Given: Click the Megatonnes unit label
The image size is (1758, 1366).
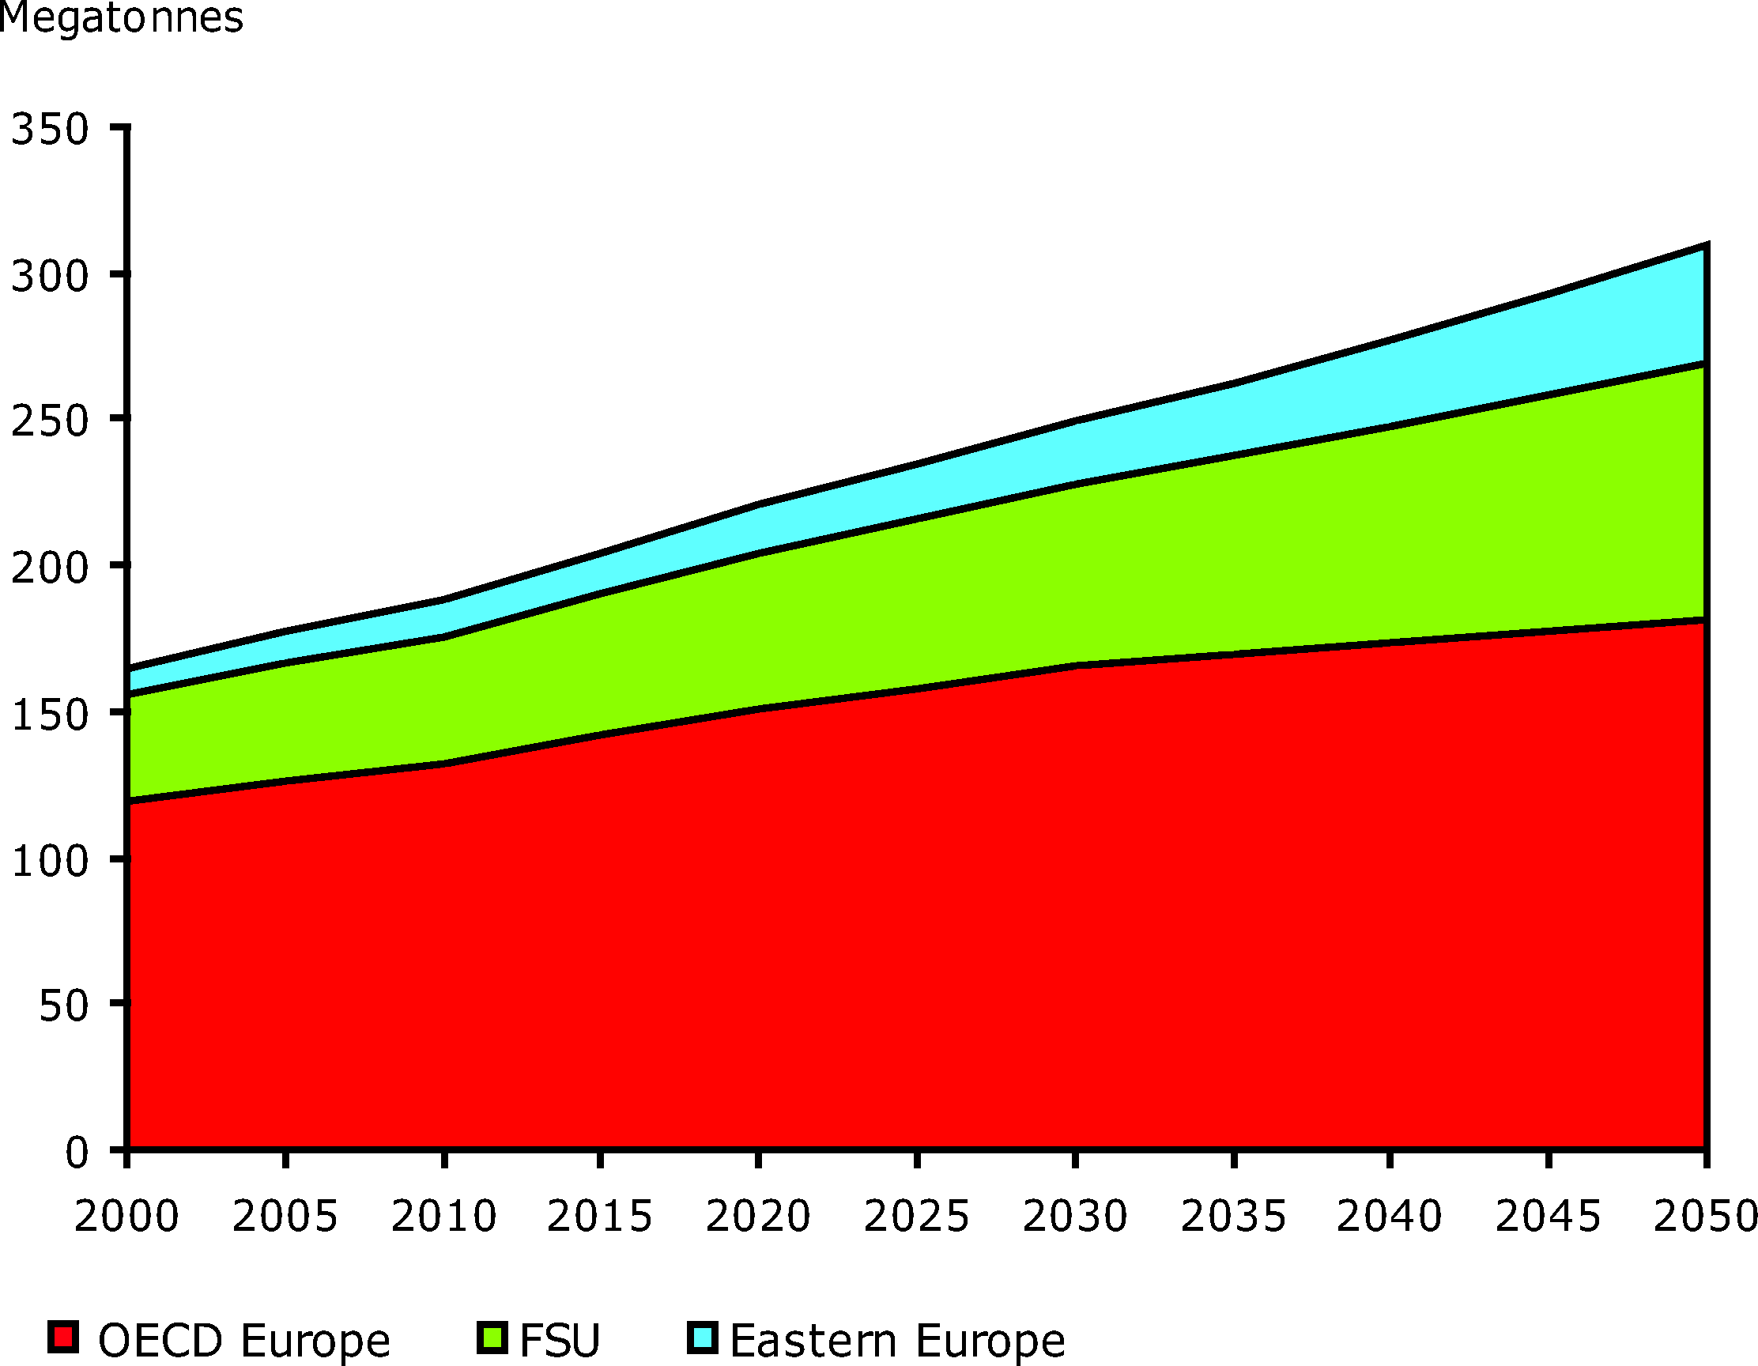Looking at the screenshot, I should [x=121, y=17].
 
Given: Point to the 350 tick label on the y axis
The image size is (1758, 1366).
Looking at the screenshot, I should [x=50, y=129].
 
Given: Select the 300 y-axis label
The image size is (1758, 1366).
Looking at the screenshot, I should [x=50, y=276].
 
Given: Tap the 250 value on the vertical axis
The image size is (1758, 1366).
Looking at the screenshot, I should [x=50, y=421].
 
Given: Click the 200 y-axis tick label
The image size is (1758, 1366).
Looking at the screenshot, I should [x=50, y=568].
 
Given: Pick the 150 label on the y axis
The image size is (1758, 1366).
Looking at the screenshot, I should [x=50, y=715].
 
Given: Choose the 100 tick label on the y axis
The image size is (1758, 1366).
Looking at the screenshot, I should [x=50, y=862].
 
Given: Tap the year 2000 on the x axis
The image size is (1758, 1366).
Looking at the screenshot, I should [x=126, y=1217].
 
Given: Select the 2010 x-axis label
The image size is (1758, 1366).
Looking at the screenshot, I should [x=443, y=1217].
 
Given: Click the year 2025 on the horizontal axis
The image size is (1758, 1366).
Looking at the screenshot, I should [x=916, y=1217].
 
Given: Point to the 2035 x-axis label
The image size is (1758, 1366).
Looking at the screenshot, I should [x=1233, y=1217].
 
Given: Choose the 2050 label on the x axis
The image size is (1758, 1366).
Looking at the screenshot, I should [x=1705, y=1217].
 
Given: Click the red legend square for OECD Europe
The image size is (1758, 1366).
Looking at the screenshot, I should [x=63, y=1337].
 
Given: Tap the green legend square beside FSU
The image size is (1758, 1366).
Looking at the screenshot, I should [x=492, y=1337].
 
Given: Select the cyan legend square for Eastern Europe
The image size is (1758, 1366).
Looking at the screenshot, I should [x=703, y=1337].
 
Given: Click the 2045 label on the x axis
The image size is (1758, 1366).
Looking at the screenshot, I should [x=1548, y=1217].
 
